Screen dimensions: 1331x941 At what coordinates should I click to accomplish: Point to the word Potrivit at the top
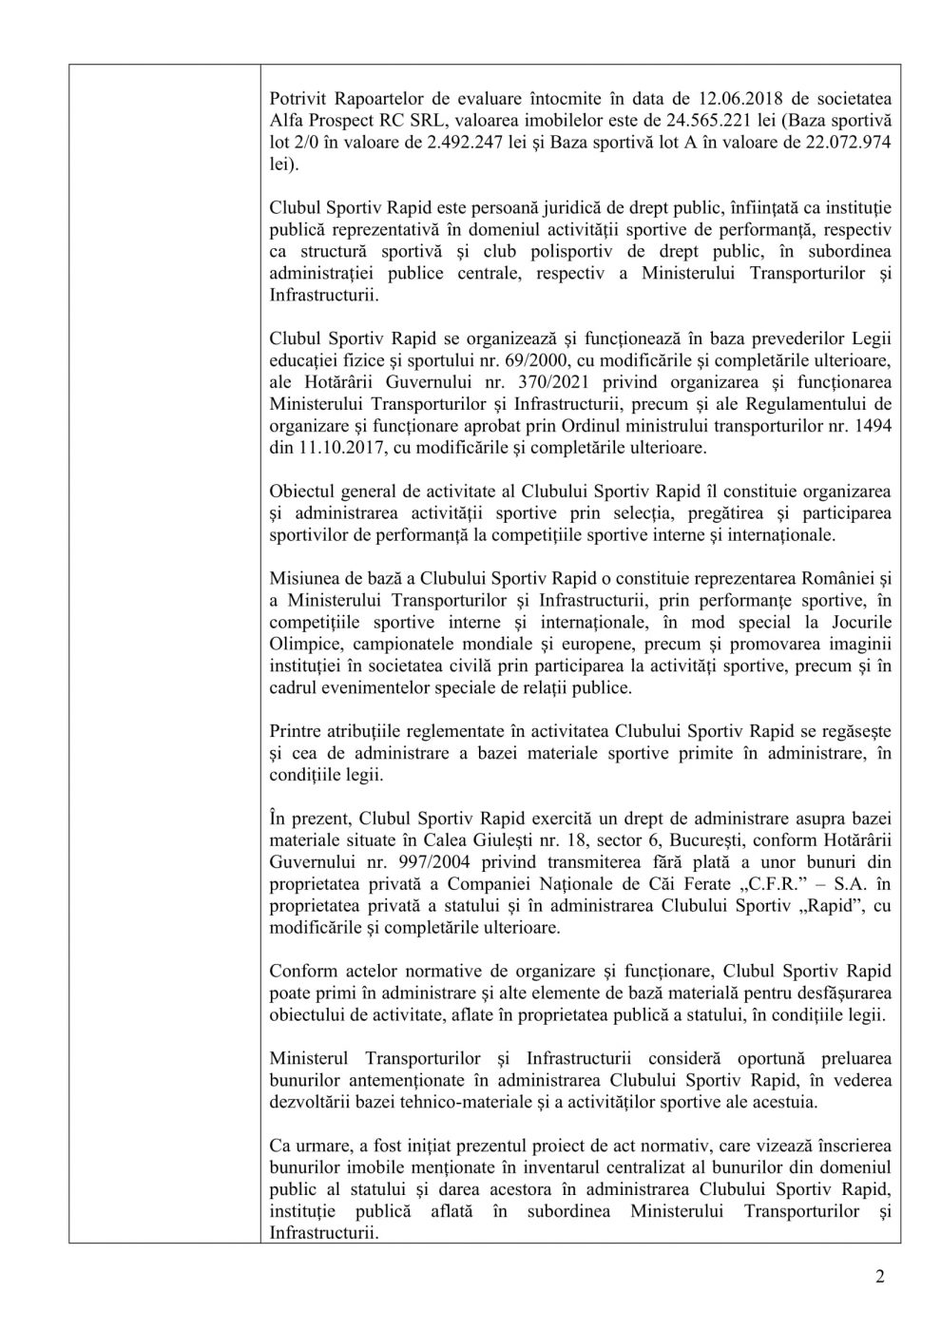tap(298, 98)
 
